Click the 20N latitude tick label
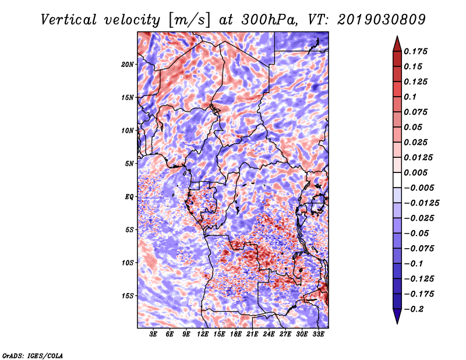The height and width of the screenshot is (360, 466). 128,65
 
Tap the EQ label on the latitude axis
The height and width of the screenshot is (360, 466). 129,197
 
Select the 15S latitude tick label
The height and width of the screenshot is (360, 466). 128,296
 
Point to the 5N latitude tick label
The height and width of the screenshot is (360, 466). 129,164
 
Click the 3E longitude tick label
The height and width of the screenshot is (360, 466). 153,334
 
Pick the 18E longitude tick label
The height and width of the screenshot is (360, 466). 236,334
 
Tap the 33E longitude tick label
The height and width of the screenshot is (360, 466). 318,334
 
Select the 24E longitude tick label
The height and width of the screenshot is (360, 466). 269,334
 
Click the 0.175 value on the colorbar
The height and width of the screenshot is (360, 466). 415,51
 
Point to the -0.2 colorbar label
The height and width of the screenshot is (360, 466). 414,309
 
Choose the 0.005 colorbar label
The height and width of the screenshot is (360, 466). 415,172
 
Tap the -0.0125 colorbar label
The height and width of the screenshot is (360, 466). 421,203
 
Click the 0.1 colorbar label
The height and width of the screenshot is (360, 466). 410,97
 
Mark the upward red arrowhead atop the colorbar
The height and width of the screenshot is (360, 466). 397,44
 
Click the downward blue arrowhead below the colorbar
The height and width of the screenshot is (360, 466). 397,316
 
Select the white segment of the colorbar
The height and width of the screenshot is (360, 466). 397,180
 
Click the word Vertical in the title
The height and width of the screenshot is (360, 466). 69,20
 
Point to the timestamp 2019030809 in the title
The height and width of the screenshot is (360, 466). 382,20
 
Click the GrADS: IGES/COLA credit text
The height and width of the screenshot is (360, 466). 33,356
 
